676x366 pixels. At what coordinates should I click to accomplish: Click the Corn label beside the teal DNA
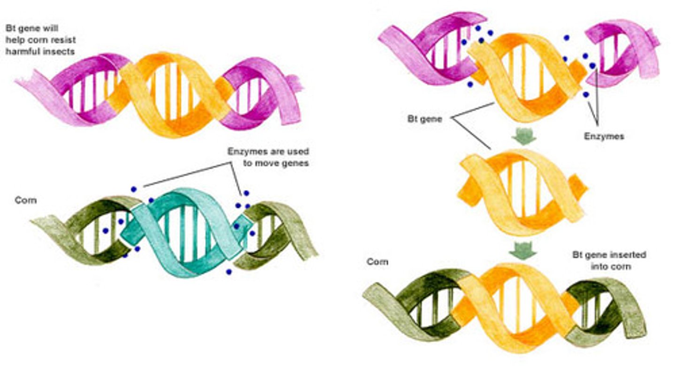click(x=26, y=200)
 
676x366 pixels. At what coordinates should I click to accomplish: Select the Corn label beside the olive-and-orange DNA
click(x=377, y=262)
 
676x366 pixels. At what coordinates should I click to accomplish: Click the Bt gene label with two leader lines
click(x=424, y=119)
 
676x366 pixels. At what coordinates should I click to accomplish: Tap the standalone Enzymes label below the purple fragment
click(x=604, y=137)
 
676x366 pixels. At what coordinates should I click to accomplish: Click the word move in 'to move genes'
click(x=269, y=163)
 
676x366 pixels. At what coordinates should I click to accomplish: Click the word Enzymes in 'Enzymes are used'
click(x=247, y=152)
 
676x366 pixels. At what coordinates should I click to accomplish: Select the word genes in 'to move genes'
click(x=297, y=164)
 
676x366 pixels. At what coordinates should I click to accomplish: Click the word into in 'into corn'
click(x=599, y=267)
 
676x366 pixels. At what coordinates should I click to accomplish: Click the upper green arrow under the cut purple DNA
click(x=524, y=137)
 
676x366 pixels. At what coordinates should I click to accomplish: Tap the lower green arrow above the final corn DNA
click(x=523, y=250)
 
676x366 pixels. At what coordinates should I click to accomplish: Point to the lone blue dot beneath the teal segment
click(x=229, y=272)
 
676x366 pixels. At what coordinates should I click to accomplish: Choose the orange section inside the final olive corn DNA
click(x=513, y=308)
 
